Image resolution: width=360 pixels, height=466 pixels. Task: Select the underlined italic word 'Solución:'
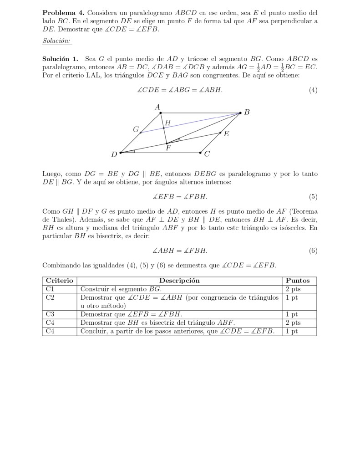[x=56, y=41]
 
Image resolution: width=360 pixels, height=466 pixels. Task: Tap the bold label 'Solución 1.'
[x=60, y=59]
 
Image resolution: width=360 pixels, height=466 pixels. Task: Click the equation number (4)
[x=313, y=90]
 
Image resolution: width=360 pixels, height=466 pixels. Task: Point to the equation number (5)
[x=313, y=197]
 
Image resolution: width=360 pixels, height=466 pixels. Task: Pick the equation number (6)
[x=313, y=251]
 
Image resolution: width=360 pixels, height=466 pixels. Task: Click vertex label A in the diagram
[x=157, y=108]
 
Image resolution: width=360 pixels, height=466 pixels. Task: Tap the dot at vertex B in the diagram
[x=240, y=113]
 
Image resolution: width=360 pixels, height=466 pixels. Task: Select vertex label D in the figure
[x=114, y=154]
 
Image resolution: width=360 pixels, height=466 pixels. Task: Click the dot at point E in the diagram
[x=220, y=133]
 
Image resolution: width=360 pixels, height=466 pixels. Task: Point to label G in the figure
[x=135, y=129]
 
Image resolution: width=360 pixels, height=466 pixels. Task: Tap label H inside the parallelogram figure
[x=168, y=123]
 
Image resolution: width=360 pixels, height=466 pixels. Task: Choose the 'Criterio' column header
[x=60, y=281]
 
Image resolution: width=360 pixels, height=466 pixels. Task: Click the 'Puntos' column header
[x=298, y=281]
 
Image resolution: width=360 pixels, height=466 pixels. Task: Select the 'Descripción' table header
[x=179, y=281]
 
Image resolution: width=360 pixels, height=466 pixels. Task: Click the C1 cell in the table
[x=50, y=289]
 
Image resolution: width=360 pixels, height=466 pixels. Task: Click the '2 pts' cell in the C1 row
[x=293, y=289]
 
